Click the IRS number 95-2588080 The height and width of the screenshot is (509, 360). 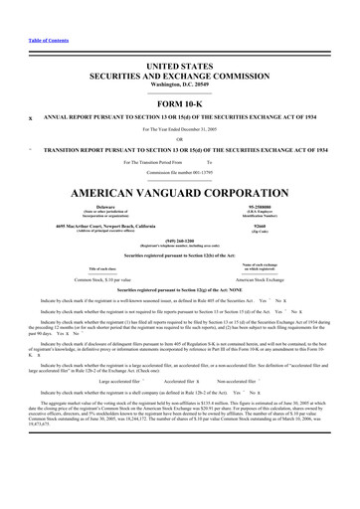tap(265, 206)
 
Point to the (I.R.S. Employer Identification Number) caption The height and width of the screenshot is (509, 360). tap(265, 213)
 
